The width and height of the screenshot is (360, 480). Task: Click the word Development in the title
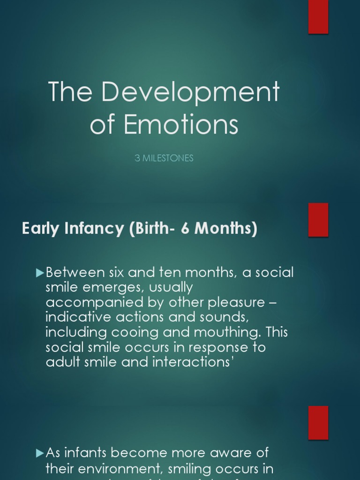tap(191, 93)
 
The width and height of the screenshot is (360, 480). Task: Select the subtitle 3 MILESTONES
tap(164, 158)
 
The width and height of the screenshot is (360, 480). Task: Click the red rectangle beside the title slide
tap(318, 17)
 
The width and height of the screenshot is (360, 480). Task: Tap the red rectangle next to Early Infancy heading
tap(318, 220)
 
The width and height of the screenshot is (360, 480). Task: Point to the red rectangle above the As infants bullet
tap(318, 423)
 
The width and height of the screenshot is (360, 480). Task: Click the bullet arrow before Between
tap(40, 272)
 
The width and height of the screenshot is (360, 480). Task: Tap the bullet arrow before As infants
tap(40, 453)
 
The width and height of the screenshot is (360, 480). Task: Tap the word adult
tap(62, 362)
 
